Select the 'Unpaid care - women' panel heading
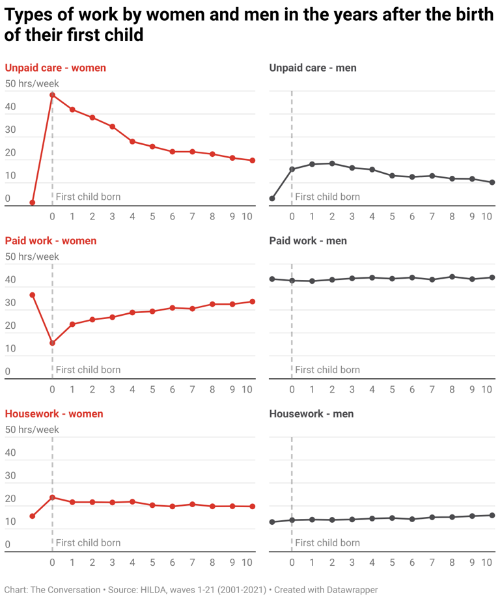coord(55,68)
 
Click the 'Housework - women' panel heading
coord(53,414)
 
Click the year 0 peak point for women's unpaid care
coord(52,95)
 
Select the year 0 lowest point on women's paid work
coord(52,343)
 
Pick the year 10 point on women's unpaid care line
coord(252,161)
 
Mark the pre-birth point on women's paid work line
coord(32,295)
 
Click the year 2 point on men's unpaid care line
coord(332,163)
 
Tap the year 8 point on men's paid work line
coord(452,277)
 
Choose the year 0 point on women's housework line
coord(52,497)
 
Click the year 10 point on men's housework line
coord(492,516)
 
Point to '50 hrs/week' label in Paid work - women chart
coord(32,257)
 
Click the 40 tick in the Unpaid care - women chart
coord(10,107)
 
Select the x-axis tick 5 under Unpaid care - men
coord(392,216)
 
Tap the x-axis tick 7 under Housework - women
coord(192,563)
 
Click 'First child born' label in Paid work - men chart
coord(327,370)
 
